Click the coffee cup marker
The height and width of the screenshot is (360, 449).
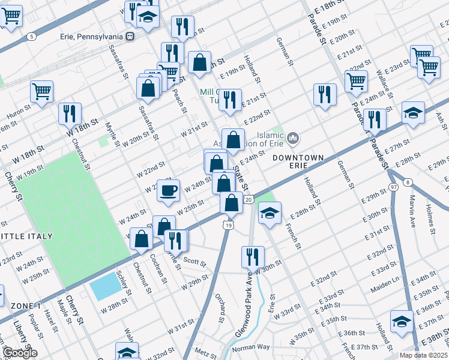pyautogui.click(x=168, y=190)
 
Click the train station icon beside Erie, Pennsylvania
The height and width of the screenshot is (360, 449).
pyautogui.click(x=130, y=36)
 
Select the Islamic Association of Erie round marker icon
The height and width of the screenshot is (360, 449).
pyautogui.click(x=293, y=139)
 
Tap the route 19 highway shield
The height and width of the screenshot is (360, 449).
pyautogui.click(x=227, y=225)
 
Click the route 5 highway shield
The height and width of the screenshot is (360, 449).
pyautogui.click(x=31, y=37)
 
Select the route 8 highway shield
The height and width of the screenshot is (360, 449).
pyautogui.click(x=408, y=182)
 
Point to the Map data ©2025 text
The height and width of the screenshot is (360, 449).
pyautogui.click(x=424, y=355)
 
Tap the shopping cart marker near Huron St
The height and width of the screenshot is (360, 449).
pyautogui.click(x=42, y=92)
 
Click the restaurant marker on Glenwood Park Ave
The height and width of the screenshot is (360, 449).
pyautogui.click(x=253, y=256)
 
